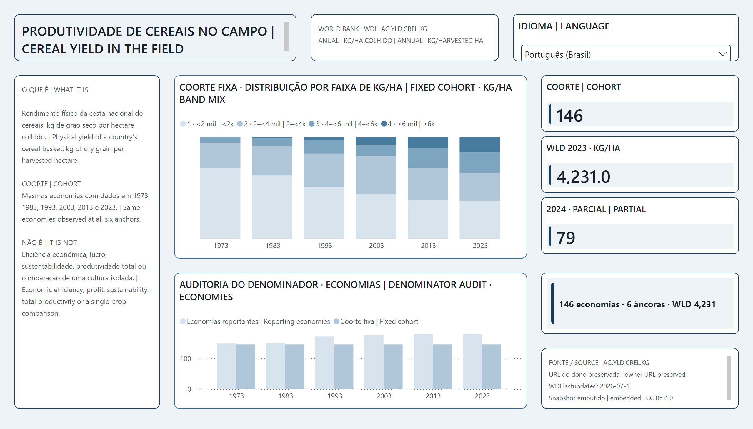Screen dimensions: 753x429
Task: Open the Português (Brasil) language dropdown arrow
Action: pos(722,54)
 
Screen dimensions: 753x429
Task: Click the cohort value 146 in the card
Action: pos(569,115)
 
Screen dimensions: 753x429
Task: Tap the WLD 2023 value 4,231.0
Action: pos(583,177)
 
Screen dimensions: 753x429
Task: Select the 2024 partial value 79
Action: pos(566,238)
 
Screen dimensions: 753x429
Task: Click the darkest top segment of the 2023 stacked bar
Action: pos(479,144)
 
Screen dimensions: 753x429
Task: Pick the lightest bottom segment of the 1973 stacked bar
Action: pos(220,203)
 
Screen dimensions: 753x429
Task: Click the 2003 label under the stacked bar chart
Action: pos(376,245)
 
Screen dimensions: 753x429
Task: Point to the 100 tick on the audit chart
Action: pos(186,358)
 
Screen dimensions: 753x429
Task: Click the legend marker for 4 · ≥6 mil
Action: pos(384,124)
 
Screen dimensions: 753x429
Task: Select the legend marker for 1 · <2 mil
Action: pos(183,124)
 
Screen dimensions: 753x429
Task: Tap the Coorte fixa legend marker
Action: pos(336,321)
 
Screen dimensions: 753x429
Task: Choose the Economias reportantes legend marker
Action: pos(183,321)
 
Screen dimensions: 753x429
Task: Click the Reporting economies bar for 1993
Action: pos(324,363)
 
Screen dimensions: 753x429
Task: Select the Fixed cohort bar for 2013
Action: pos(442,367)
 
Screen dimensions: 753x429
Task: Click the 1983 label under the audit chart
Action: pos(286,396)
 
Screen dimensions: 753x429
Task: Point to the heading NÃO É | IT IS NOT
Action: pos(49,242)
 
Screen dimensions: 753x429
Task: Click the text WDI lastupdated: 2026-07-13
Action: pos(590,386)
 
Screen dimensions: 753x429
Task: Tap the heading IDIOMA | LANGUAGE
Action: pos(564,26)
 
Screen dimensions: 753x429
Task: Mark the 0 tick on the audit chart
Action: pos(189,389)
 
